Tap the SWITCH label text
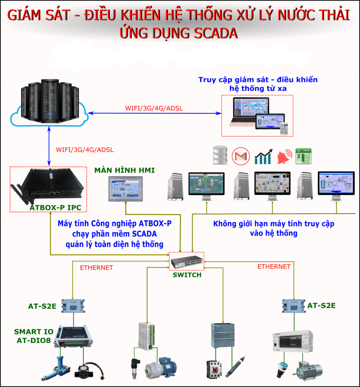187,275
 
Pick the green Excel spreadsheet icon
304,156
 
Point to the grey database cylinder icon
219,155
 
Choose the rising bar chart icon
263,156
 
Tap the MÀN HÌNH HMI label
124,170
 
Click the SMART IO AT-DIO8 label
33,336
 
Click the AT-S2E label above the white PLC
321,306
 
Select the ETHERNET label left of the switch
97,268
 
